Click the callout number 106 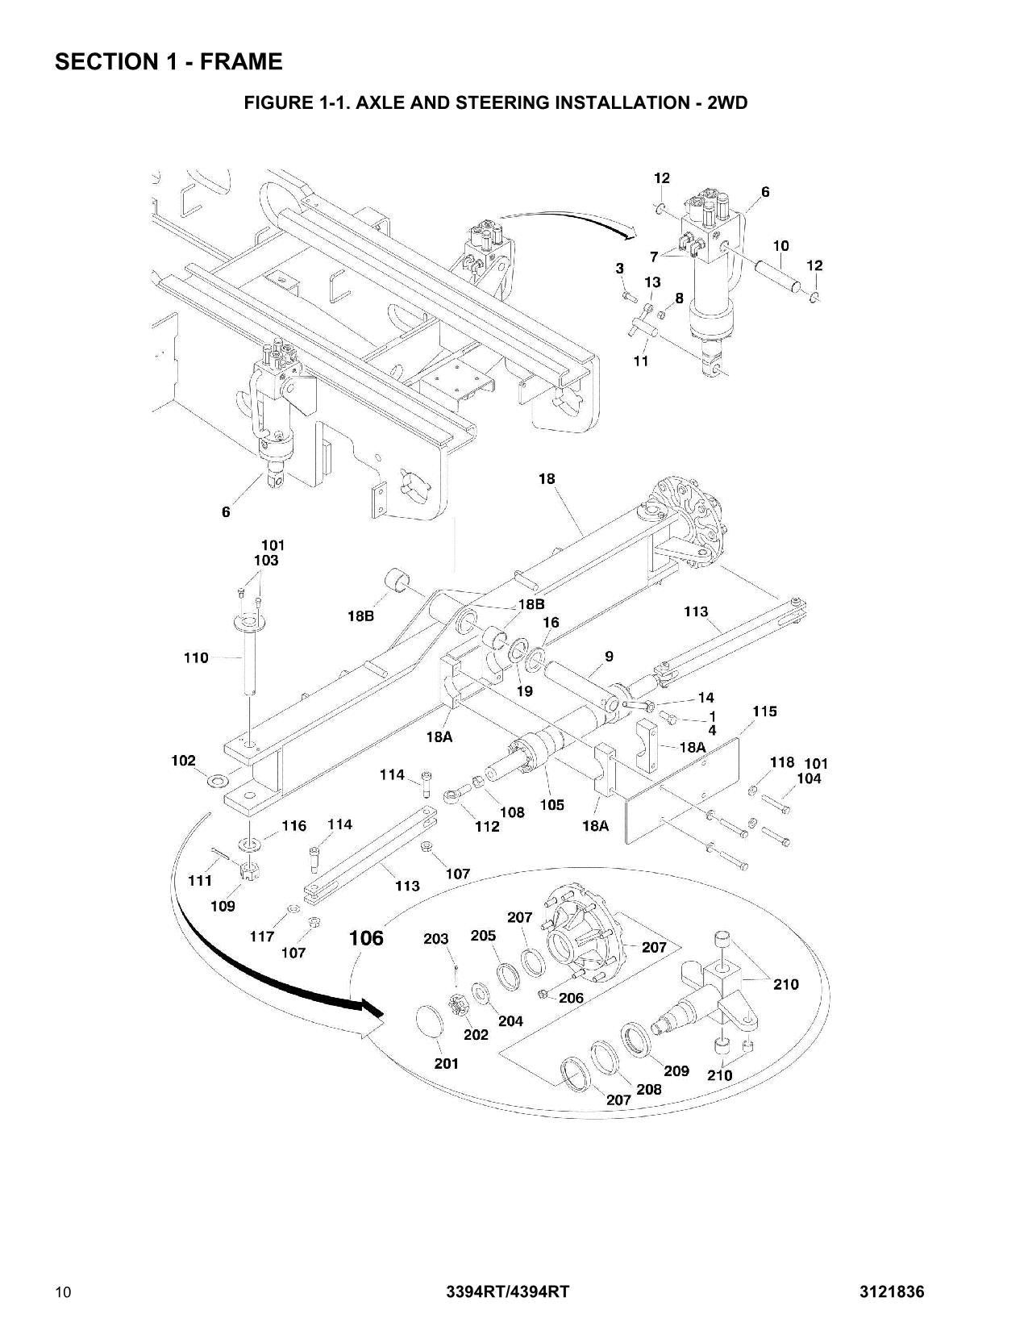tap(366, 938)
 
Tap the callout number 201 tap(447, 1064)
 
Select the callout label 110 tap(196, 658)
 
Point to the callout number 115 tap(764, 711)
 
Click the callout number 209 tap(676, 1070)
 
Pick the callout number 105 tap(551, 805)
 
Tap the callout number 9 tap(609, 657)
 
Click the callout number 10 tap(780, 245)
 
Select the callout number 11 tap(640, 361)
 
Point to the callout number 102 tap(183, 760)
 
